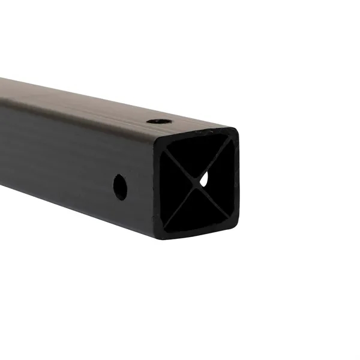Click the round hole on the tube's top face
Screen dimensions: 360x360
(158, 121)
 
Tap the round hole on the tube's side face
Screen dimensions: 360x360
(120, 187)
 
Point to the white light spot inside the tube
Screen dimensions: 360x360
(205, 178)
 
